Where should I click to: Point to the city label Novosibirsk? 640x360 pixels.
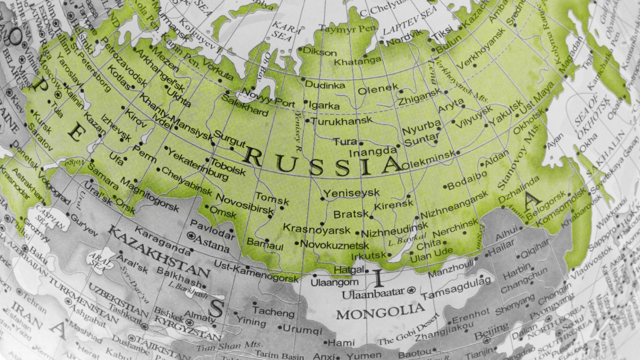point(245,204)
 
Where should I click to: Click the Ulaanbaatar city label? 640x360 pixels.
point(374,294)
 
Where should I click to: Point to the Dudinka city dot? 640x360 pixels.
point(303,79)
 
